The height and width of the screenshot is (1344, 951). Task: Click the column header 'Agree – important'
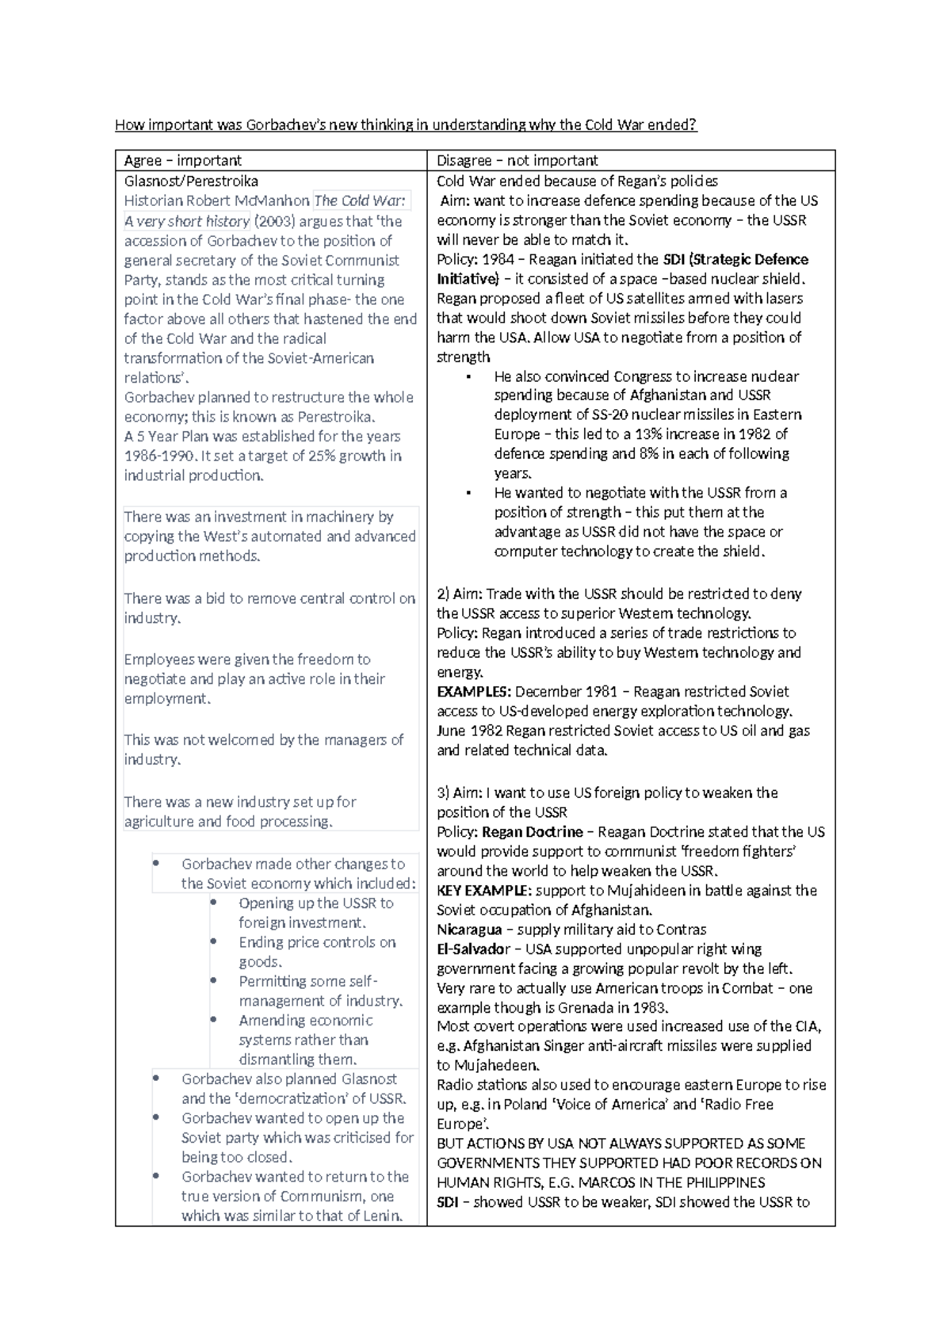point(182,161)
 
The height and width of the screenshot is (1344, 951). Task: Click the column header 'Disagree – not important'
point(517,161)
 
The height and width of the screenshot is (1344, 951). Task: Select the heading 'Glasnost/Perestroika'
point(191,181)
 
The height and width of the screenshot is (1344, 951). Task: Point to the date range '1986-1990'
point(158,456)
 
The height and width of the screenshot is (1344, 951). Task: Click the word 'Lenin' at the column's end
point(383,1216)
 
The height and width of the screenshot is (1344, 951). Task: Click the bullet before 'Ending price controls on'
point(214,942)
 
